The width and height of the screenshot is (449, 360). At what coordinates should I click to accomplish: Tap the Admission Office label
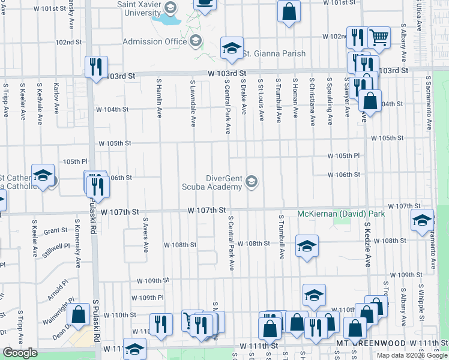(x=155, y=41)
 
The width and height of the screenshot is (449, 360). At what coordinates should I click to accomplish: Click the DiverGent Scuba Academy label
(x=215, y=182)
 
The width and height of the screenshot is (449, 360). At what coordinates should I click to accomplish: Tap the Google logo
(x=20, y=353)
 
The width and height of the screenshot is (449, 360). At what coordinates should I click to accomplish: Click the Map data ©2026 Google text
(x=412, y=355)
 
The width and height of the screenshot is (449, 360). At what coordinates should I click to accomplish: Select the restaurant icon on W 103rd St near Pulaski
(x=95, y=67)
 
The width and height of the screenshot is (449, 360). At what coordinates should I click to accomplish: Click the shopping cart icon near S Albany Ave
(x=379, y=38)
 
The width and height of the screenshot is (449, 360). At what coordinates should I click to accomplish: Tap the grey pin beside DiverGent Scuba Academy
(x=252, y=181)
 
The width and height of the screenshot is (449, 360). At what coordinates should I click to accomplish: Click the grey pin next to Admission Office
(x=195, y=41)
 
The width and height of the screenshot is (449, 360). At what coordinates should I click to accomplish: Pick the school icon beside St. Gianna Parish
(x=231, y=49)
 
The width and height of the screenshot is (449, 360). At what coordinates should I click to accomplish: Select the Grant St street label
(x=55, y=230)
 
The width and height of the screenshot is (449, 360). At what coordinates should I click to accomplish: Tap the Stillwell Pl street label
(x=56, y=247)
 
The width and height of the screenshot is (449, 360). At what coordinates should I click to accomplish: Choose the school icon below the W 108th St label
(x=307, y=246)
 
